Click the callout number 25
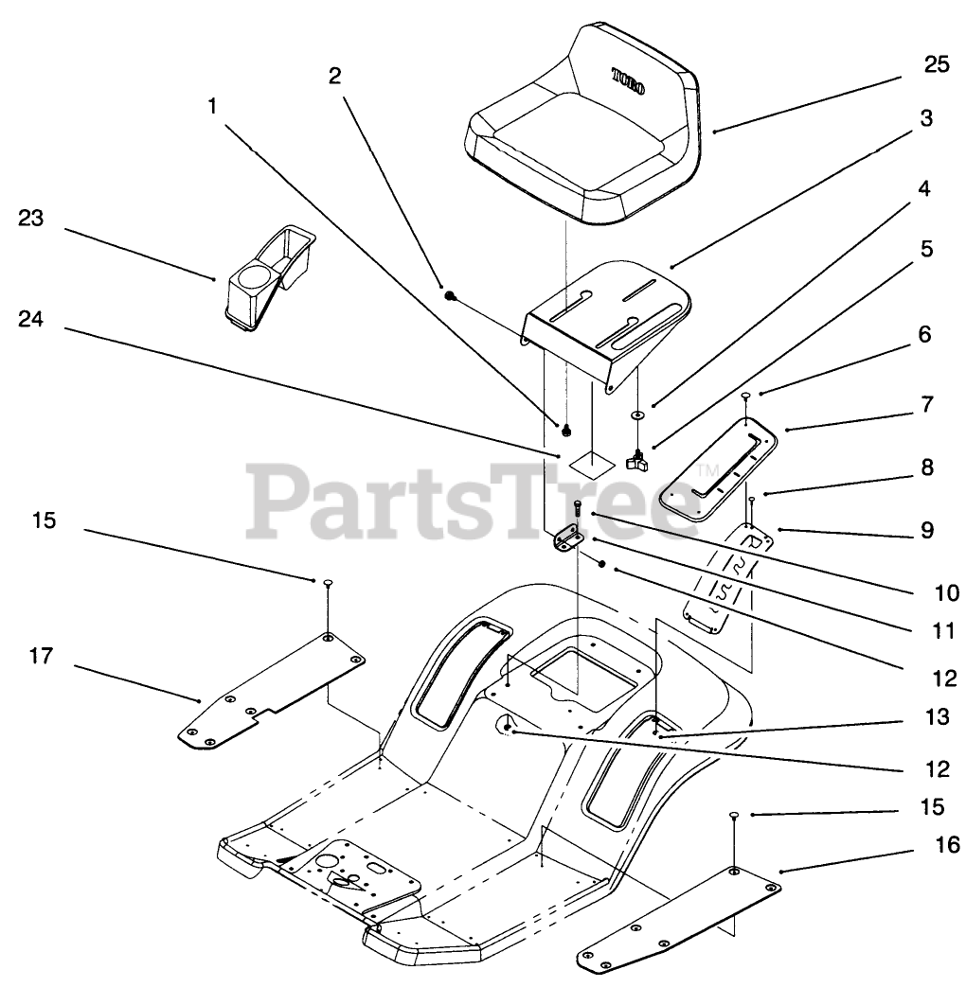[936, 64]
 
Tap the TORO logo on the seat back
[628, 80]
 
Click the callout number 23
[30, 218]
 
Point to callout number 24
[30, 319]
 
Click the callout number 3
[926, 118]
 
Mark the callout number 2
[334, 77]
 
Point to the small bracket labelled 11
[567, 540]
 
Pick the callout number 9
[926, 530]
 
